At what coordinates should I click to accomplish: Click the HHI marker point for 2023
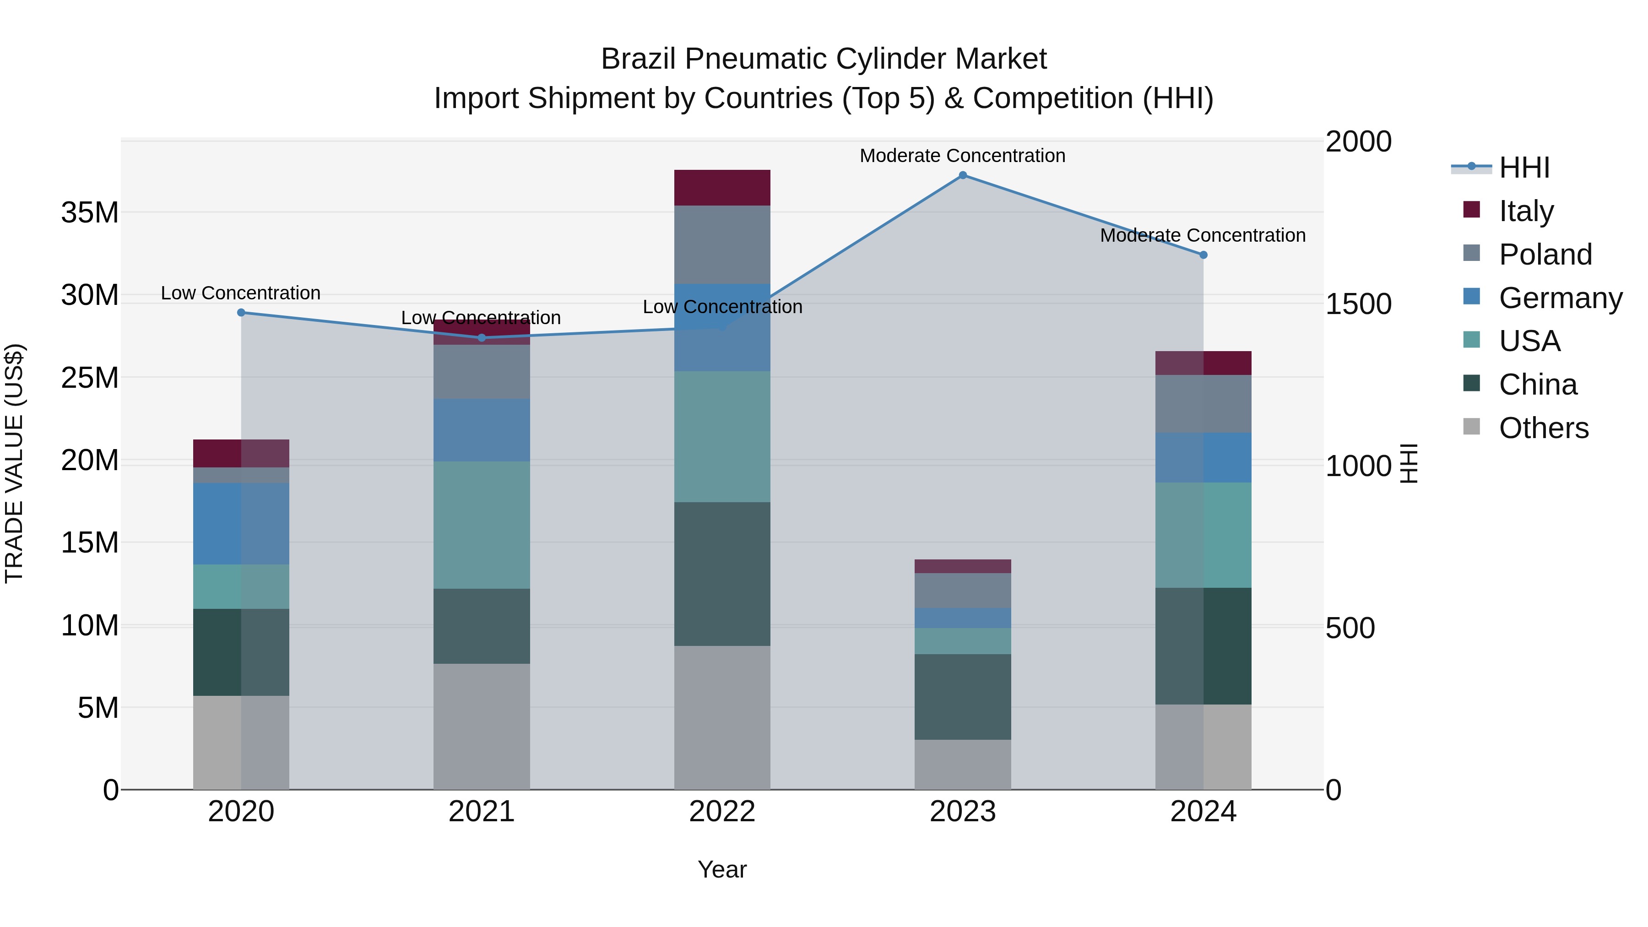pyautogui.click(x=962, y=175)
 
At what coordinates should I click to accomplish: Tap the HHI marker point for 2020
pyautogui.click(x=241, y=313)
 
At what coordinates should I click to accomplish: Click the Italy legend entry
pyautogui.click(x=1526, y=211)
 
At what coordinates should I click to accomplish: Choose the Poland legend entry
pyautogui.click(x=1545, y=254)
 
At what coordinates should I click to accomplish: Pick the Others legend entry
pyautogui.click(x=1543, y=428)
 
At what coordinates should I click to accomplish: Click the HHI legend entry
pyautogui.click(x=1524, y=168)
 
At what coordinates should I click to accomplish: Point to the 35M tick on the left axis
pyautogui.click(x=90, y=212)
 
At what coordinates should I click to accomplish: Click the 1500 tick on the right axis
pyautogui.click(x=1358, y=304)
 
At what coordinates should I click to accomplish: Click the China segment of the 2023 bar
pyautogui.click(x=962, y=697)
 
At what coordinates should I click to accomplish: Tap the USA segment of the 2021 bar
pyautogui.click(x=481, y=525)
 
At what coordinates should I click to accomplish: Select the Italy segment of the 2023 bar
pyautogui.click(x=962, y=566)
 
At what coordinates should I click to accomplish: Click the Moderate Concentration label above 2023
pyautogui.click(x=962, y=156)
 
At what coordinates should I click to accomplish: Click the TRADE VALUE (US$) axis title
pyautogui.click(x=14, y=463)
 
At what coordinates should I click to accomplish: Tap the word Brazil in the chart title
pyautogui.click(x=638, y=59)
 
